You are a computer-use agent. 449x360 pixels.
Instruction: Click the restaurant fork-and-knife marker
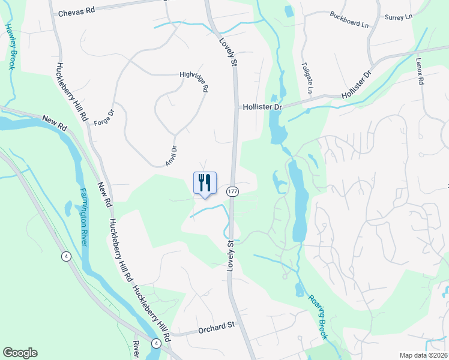tap(205, 183)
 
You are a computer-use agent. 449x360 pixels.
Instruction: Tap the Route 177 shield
tap(233, 191)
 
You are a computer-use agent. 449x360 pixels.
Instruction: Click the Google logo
tap(20, 353)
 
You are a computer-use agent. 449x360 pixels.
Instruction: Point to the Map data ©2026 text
tap(423, 355)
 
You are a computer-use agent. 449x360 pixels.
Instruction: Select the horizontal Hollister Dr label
tap(262, 106)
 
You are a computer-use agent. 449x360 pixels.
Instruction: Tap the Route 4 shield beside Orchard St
tap(155, 343)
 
